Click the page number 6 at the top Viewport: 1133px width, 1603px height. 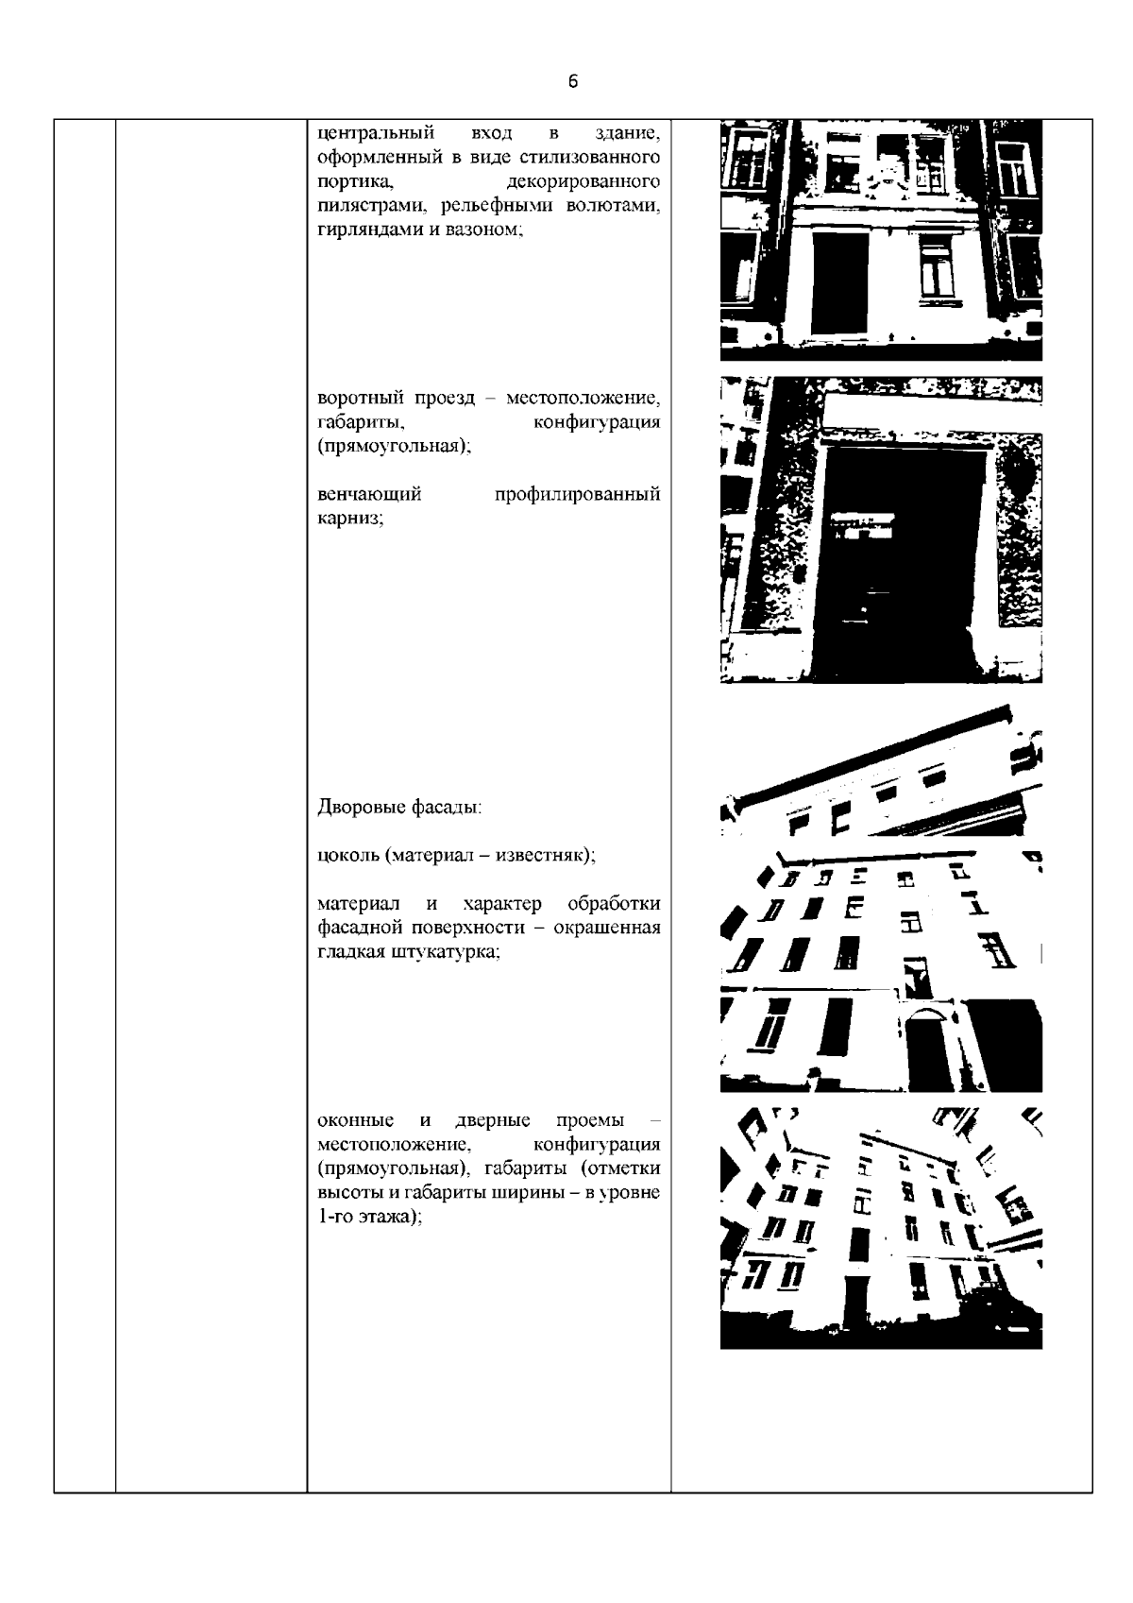click(x=573, y=81)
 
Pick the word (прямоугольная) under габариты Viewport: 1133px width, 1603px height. click(x=394, y=446)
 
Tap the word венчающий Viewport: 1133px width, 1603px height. click(x=369, y=495)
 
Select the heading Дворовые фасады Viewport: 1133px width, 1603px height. click(x=399, y=808)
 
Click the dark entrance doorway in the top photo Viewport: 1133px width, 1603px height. click(x=839, y=283)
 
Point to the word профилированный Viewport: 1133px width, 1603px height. click(x=577, y=495)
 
